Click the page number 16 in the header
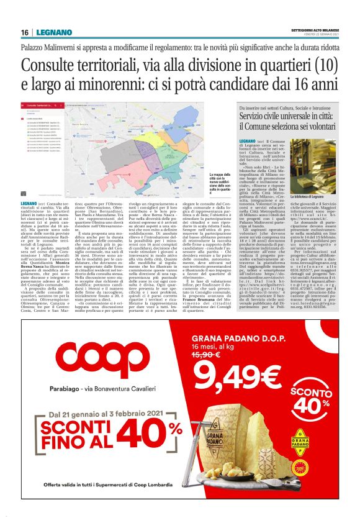25,32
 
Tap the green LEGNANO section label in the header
50,32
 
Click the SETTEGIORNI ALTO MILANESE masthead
313,30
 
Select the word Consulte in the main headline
56,65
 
